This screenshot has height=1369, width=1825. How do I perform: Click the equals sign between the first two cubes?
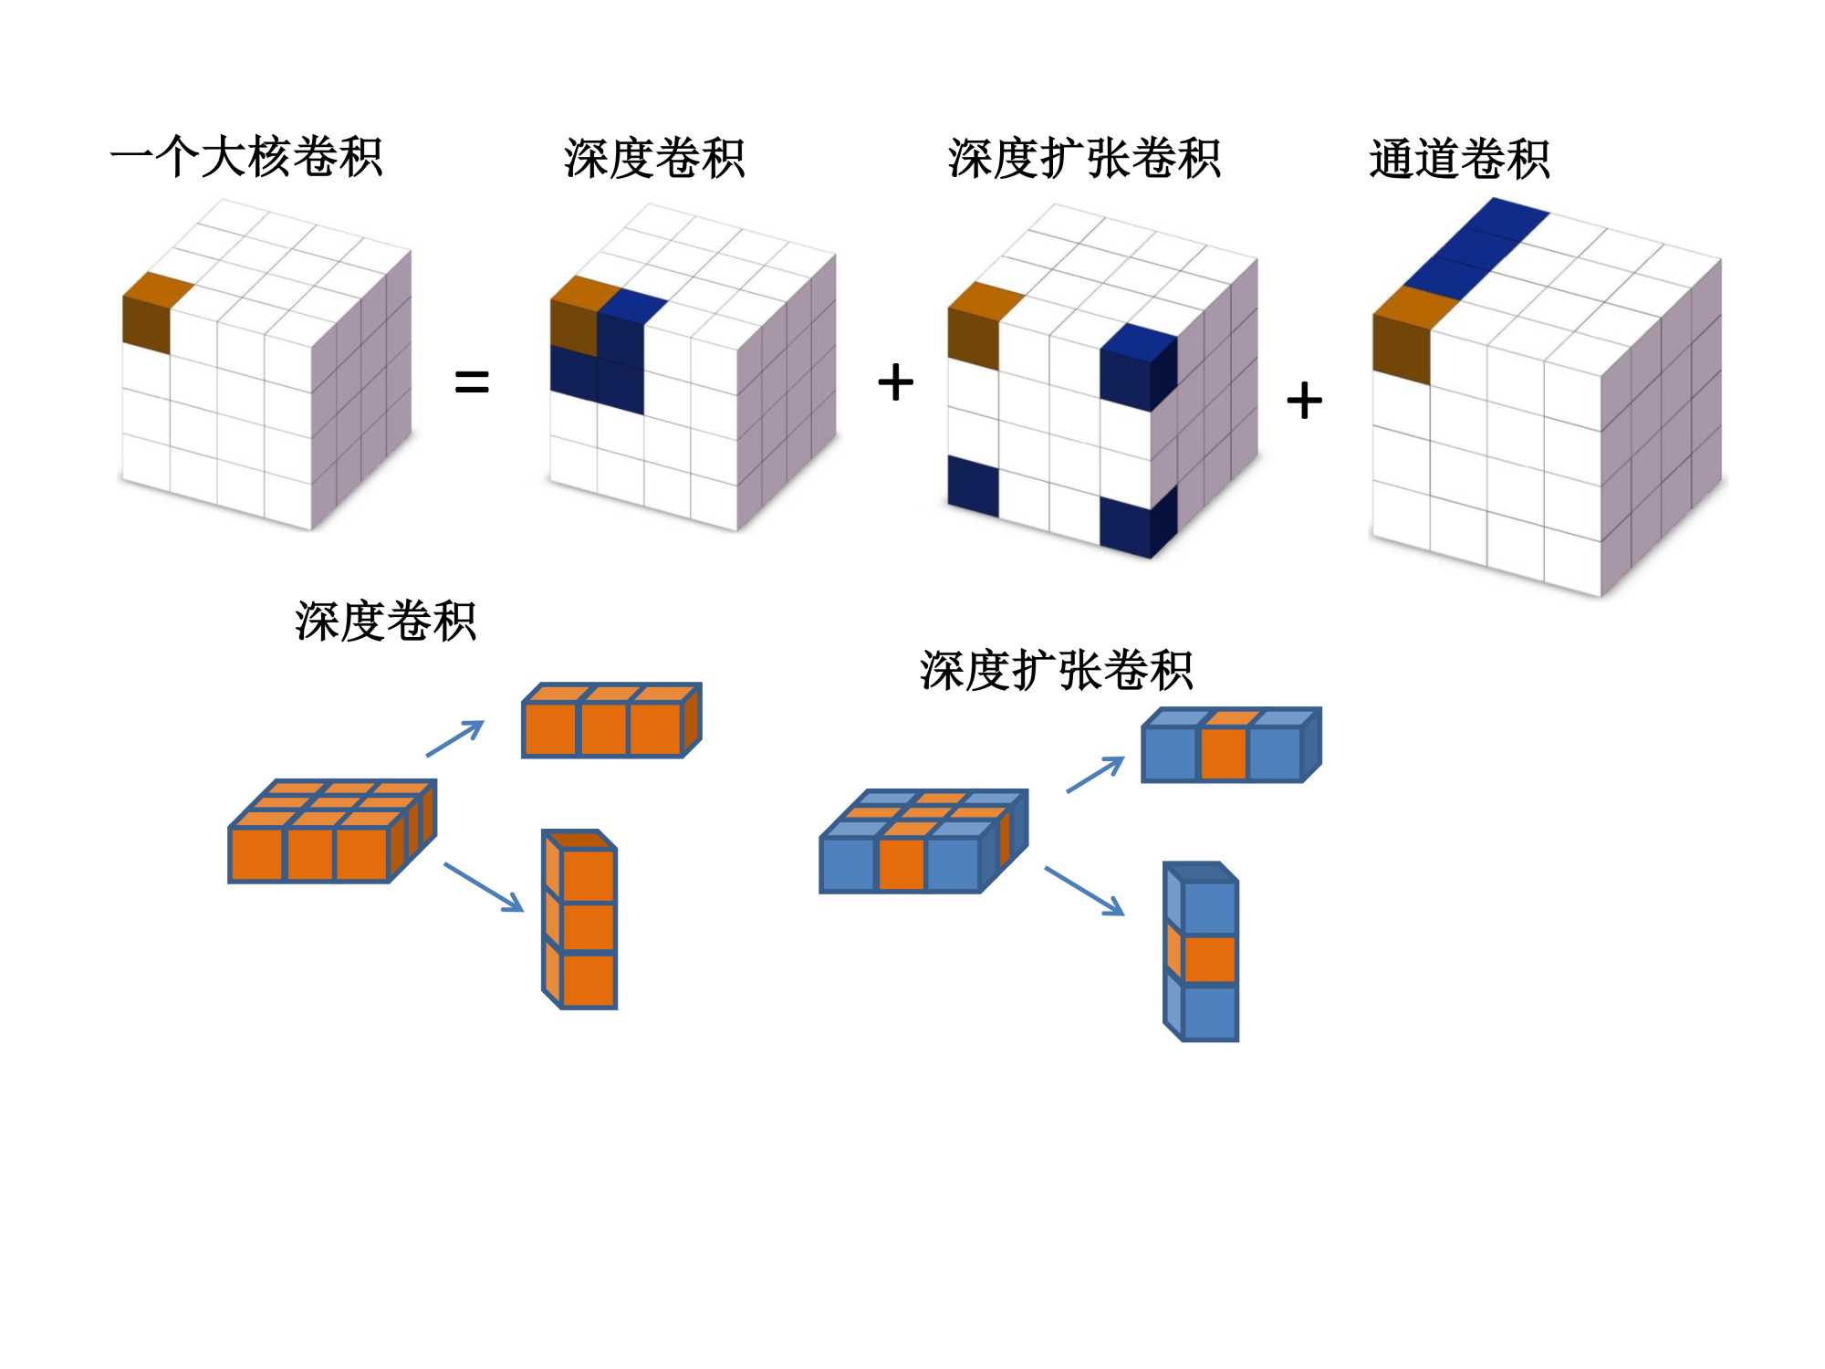click(472, 381)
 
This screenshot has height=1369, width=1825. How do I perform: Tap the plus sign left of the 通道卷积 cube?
click(1304, 401)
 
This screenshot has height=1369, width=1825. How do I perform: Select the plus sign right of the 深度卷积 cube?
click(895, 381)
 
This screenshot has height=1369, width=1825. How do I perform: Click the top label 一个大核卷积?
click(246, 157)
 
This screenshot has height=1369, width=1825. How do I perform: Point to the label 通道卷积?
click(1459, 159)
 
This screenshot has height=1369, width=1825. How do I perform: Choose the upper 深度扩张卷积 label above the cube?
click(1084, 159)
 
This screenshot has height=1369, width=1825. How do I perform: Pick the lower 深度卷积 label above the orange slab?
click(385, 622)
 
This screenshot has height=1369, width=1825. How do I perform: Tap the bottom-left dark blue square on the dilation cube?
click(973, 486)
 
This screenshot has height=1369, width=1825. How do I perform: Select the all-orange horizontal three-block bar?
click(610, 722)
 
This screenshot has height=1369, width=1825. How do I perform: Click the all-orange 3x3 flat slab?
click(330, 832)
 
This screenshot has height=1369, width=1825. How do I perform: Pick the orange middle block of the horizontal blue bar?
click(1224, 752)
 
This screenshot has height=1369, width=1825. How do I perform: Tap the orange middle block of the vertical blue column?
click(1209, 958)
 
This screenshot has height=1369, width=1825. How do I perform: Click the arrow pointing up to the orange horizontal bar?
click(455, 738)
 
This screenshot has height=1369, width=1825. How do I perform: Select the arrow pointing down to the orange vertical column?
click(484, 887)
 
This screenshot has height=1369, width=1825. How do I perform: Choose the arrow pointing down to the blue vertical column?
click(1084, 891)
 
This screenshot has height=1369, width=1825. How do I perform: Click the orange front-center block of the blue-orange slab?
click(902, 862)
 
